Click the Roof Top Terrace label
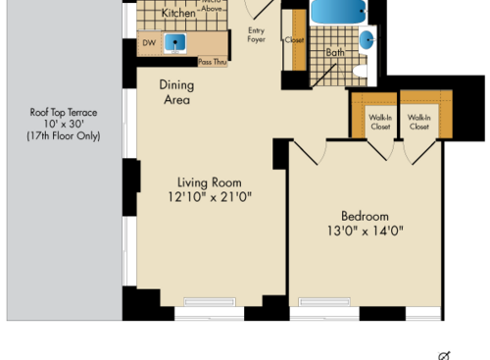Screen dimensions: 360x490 point(64,112)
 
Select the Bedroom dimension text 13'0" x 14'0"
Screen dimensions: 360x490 point(365,232)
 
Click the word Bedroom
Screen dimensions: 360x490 point(365,216)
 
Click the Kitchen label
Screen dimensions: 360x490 point(177,14)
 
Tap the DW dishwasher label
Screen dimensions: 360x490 point(149,43)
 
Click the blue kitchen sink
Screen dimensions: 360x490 point(176,43)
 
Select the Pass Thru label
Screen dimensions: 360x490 point(213,62)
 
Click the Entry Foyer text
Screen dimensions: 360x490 point(257,35)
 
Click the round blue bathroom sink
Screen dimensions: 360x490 point(367,41)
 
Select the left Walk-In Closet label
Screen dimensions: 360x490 point(379,123)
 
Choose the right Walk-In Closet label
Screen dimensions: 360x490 point(418,123)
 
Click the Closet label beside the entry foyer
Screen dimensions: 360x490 point(294,41)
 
